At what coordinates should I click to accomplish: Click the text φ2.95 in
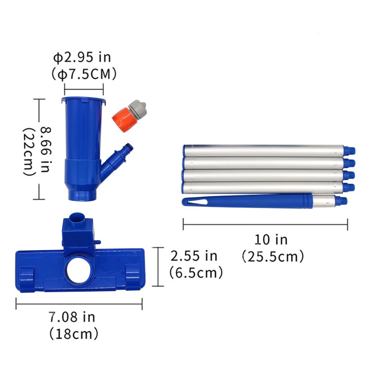point(82,58)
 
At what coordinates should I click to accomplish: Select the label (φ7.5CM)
point(84,74)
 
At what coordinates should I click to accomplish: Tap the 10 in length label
point(271,240)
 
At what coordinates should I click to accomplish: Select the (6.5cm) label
point(196,272)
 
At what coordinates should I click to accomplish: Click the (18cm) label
point(74,333)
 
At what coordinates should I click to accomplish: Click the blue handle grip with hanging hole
point(246,202)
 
